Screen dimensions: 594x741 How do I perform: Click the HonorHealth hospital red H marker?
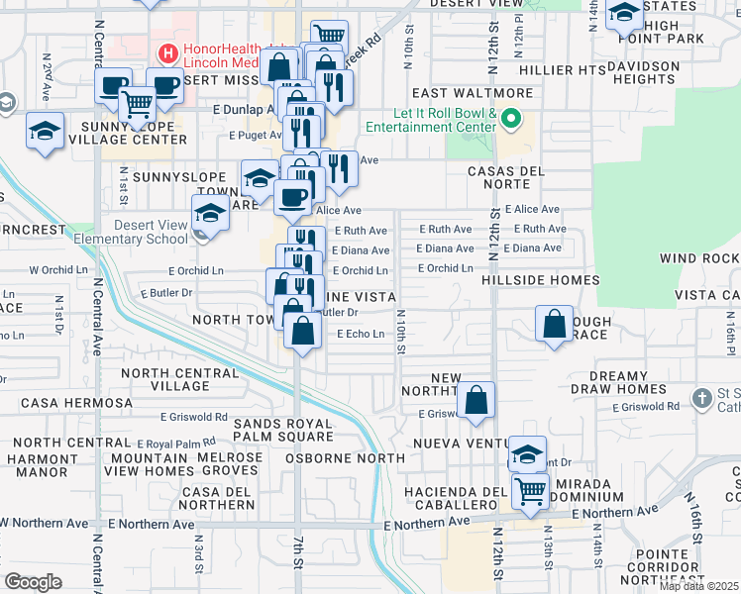[x=168, y=51]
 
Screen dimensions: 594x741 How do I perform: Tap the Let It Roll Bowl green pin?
[x=511, y=121]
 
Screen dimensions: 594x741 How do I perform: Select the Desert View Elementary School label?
[x=150, y=232]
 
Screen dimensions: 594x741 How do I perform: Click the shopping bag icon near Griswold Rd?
[x=476, y=401]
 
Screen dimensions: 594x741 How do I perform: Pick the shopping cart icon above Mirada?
[x=531, y=489]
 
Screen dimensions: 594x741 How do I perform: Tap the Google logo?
[x=33, y=582]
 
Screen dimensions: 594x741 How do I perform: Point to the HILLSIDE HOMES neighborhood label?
[x=541, y=280]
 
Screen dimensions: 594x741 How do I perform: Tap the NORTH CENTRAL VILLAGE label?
[x=180, y=380]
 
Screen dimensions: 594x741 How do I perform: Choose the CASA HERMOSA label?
[x=76, y=403]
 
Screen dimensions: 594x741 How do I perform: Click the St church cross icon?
[x=701, y=399]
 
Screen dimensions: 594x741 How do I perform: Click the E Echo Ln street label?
[x=361, y=334]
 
